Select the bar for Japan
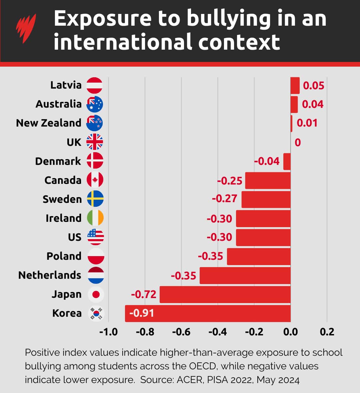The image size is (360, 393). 225,294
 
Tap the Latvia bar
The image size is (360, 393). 295,86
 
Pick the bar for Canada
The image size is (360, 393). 268,181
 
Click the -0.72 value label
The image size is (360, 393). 143,294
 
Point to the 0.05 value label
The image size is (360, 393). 313,86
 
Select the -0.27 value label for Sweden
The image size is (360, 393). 224,199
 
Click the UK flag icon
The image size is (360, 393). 95,142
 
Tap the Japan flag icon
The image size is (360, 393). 96,294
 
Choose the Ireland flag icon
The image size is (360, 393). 95,218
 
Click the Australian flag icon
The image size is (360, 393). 95,104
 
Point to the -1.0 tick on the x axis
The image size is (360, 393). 108,332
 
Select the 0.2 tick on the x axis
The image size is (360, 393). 327,332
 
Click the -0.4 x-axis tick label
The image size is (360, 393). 217,332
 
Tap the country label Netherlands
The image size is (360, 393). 50,275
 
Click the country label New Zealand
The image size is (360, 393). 49,123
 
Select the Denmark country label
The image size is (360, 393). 58,161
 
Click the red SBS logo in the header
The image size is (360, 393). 26,28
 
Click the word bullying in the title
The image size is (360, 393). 228,19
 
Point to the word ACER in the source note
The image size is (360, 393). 189,380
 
